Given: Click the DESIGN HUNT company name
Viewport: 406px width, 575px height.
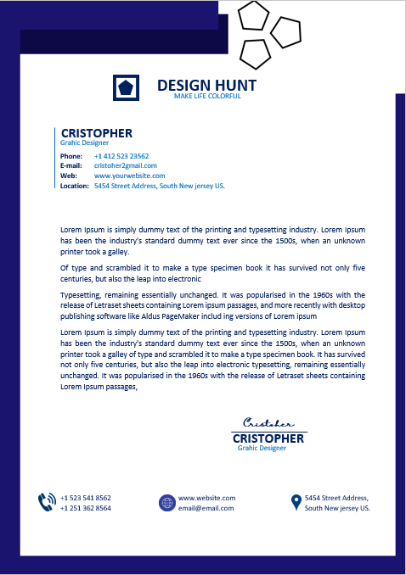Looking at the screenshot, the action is coord(206,86).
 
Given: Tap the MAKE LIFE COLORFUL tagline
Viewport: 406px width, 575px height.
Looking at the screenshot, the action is coord(207,97).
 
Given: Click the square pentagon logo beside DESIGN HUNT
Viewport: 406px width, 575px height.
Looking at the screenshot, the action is coord(126,87).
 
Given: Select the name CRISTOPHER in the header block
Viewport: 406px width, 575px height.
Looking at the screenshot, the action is coord(97,133).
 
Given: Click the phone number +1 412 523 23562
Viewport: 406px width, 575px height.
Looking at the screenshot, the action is coord(121,156).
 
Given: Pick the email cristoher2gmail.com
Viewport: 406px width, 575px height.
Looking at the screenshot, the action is coord(126,165).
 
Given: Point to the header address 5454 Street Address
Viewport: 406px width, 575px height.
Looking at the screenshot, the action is coord(159,186).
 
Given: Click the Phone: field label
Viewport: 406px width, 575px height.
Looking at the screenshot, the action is coord(71,156).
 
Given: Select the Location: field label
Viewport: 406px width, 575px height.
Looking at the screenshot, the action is coord(75,186).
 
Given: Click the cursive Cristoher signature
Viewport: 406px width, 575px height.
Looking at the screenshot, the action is coord(268,422).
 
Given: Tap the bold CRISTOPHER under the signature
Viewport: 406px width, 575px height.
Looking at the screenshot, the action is coord(268,438).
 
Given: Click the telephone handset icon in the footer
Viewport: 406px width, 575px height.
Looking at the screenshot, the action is coord(47,502).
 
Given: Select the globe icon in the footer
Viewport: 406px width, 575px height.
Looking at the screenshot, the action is coord(166,503).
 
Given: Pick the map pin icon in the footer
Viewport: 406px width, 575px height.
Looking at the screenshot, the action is coord(296,502).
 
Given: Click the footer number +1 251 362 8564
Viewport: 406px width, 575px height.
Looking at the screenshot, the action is coord(86,508).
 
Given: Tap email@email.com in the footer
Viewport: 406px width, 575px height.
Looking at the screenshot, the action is coord(206,508).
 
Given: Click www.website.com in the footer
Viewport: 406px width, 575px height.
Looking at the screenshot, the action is coord(206,498).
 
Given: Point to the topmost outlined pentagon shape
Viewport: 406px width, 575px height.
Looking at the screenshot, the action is coord(252,15).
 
